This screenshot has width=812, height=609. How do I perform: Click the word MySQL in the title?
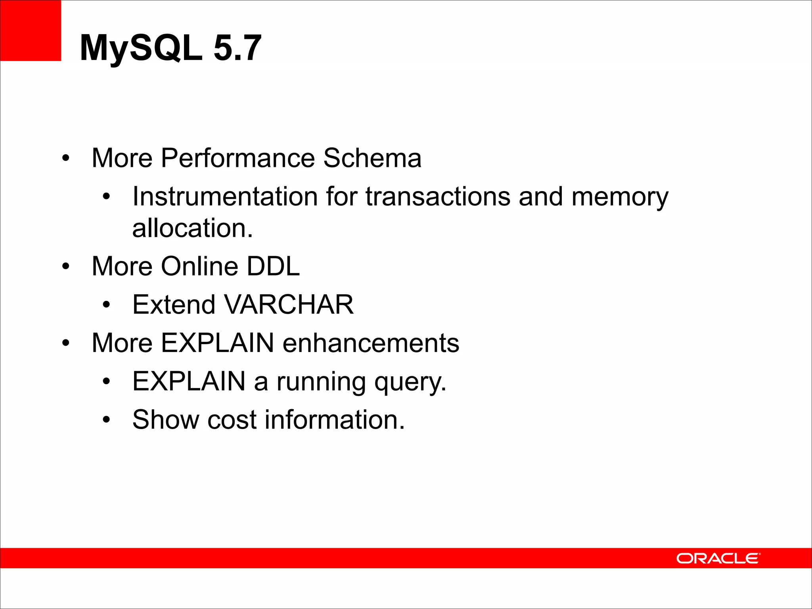pyautogui.click(x=141, y=48)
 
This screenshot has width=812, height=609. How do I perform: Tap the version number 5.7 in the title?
pyautogui.click(x=237, y=48)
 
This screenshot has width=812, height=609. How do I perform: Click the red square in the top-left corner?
pyautogui.click(x=31, y=31)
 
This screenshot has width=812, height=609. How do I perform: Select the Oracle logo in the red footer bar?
pyautogui.click(x=718, y=558)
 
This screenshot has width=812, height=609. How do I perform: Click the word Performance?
pyautogui.click(x=237, y=158)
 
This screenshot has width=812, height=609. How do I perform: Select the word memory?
pyautogui.click(x=620, y=197)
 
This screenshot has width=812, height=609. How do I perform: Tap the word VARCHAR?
pyautogui.click(x=289, y=304)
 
